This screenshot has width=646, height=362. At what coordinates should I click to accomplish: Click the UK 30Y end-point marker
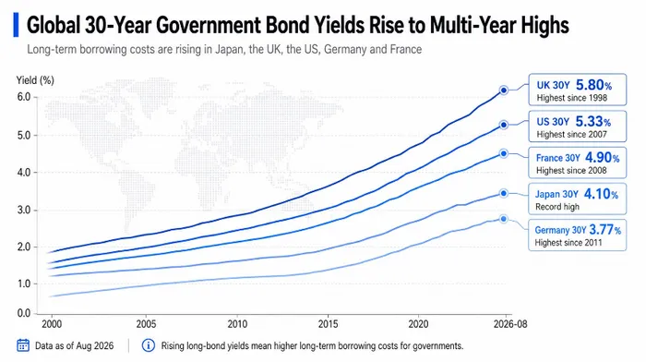(504, 90)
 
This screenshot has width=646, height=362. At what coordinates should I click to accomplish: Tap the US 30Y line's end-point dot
(504, 125)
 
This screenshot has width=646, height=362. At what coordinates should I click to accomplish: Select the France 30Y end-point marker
(504, 153)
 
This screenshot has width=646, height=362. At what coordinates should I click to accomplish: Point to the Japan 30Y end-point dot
(504, 193)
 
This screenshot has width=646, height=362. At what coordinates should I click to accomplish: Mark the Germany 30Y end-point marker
(504, 219)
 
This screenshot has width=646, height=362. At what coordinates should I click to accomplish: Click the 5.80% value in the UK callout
(593, 85)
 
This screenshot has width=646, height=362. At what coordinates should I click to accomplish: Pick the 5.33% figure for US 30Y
(592, 121)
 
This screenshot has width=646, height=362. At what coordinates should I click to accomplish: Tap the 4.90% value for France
(602, 158)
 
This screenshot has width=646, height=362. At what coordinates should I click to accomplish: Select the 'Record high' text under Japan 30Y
(557, 207)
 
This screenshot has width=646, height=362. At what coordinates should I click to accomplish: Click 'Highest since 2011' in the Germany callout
(568, 243)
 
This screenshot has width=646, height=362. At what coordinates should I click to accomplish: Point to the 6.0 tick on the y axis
(24, 97)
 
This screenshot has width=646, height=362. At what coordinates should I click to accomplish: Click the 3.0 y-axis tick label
(24, 210)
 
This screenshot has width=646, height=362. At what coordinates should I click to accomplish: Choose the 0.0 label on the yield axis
(24, 313)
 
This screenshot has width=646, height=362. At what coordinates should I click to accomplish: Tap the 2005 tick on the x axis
(146, 323)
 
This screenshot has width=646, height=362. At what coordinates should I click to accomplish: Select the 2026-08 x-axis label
(510, 324)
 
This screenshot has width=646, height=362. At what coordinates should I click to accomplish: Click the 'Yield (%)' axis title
(35, 80)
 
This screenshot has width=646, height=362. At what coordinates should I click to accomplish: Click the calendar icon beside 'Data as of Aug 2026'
(23, 345)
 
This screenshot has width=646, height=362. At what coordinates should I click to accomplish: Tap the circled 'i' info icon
(149, 345)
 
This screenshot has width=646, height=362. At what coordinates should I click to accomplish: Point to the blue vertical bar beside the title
(16, 25)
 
